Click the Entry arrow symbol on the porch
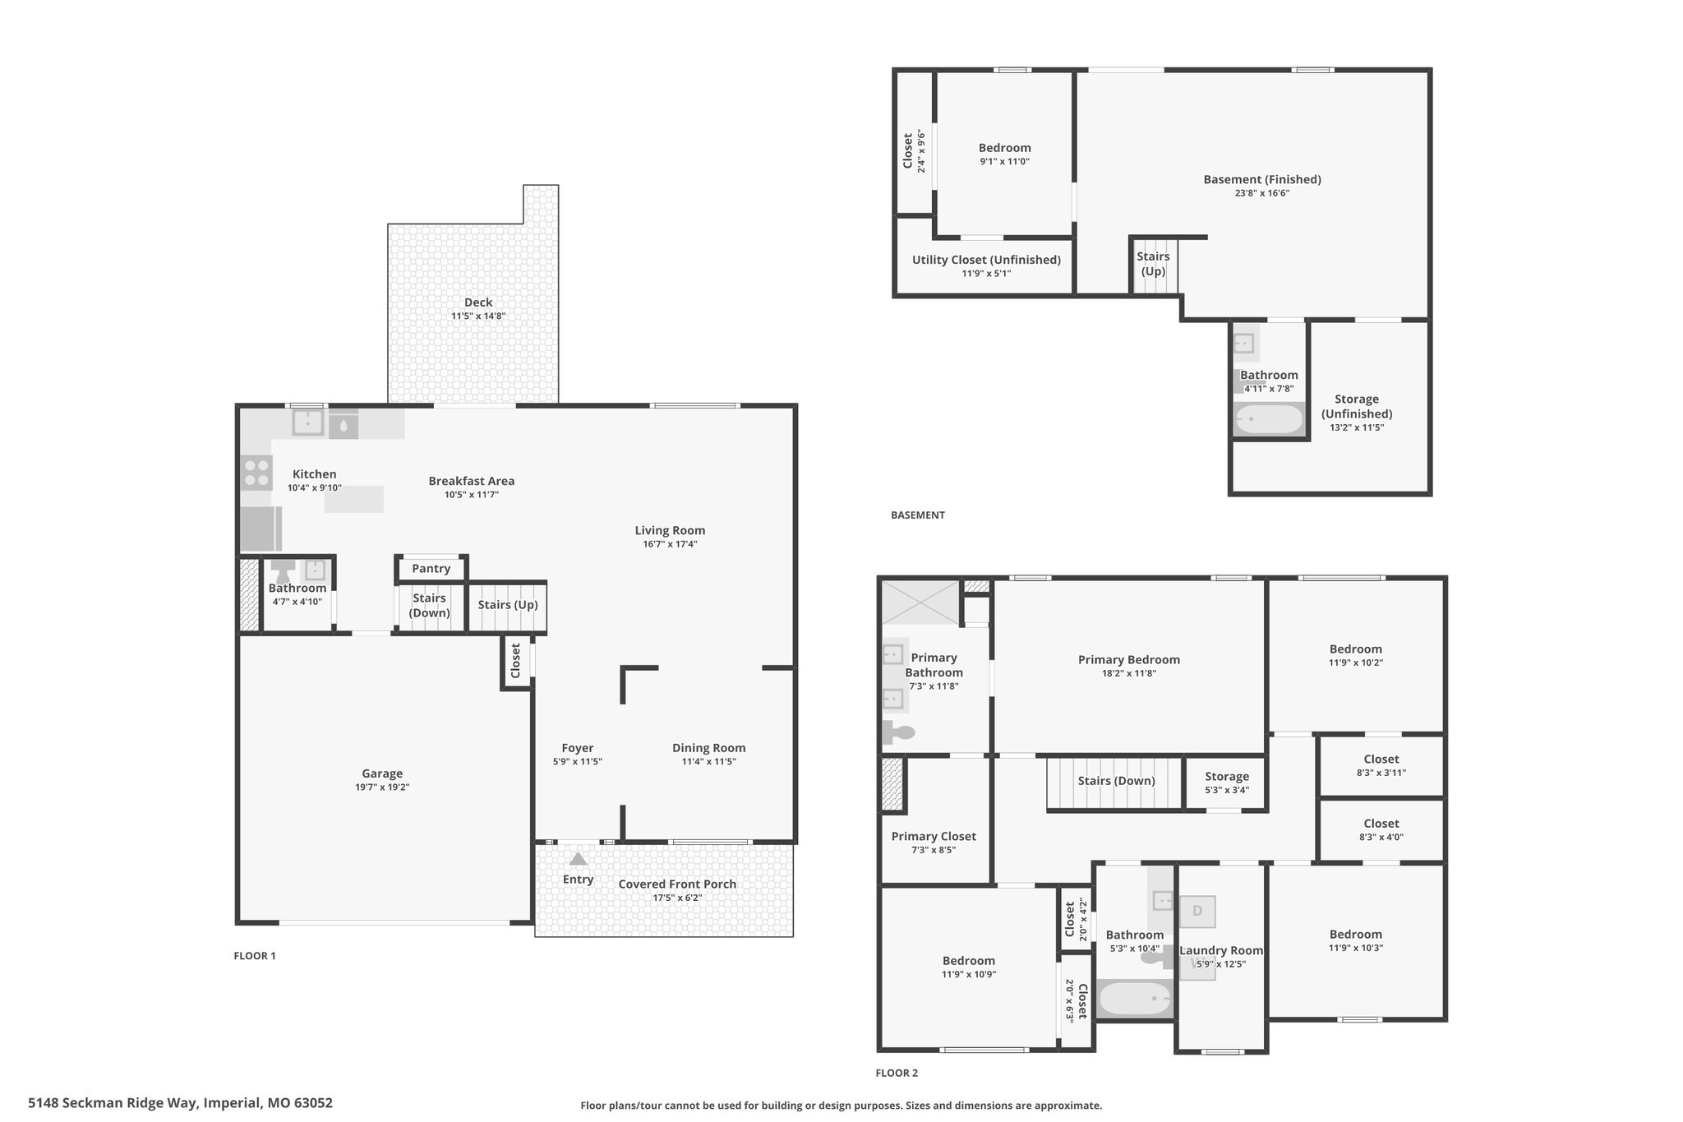pyautogui.click(x=579, y=859)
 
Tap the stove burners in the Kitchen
pyautogui.click(x=256, y=473)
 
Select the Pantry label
pyautogui.click(x=431, y=569)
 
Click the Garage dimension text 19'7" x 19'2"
pyautogui.click(x=382, y=787)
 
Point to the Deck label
pyautogui.click(x=478, y=302)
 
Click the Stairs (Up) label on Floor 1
pyautogui.click(x=508, y=605)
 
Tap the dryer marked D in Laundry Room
pyautogui.click(x=1197, y=911)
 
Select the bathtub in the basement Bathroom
pyautogui.click(x=1269, y=419)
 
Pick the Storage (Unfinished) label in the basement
pyautogui.click(x=1357, y=406)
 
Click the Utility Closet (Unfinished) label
pyautogui.click(x=986, y=260)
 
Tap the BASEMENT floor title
pyautogui.click(x=918, y=515)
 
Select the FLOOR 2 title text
pyautogui.click(x=897, y=1073)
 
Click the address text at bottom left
pyautogui.click(x=181, y=1103)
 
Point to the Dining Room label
pyautogui.click(x=709, y=748)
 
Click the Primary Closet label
pyautogui.click(x=934, y=837)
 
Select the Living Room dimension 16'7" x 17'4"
pyautogui.click(x=670, y=544)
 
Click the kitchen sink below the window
pyautogui.click(x=307, y=422)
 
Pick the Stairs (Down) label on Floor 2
pyautogui.click(x=1116, y=781)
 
